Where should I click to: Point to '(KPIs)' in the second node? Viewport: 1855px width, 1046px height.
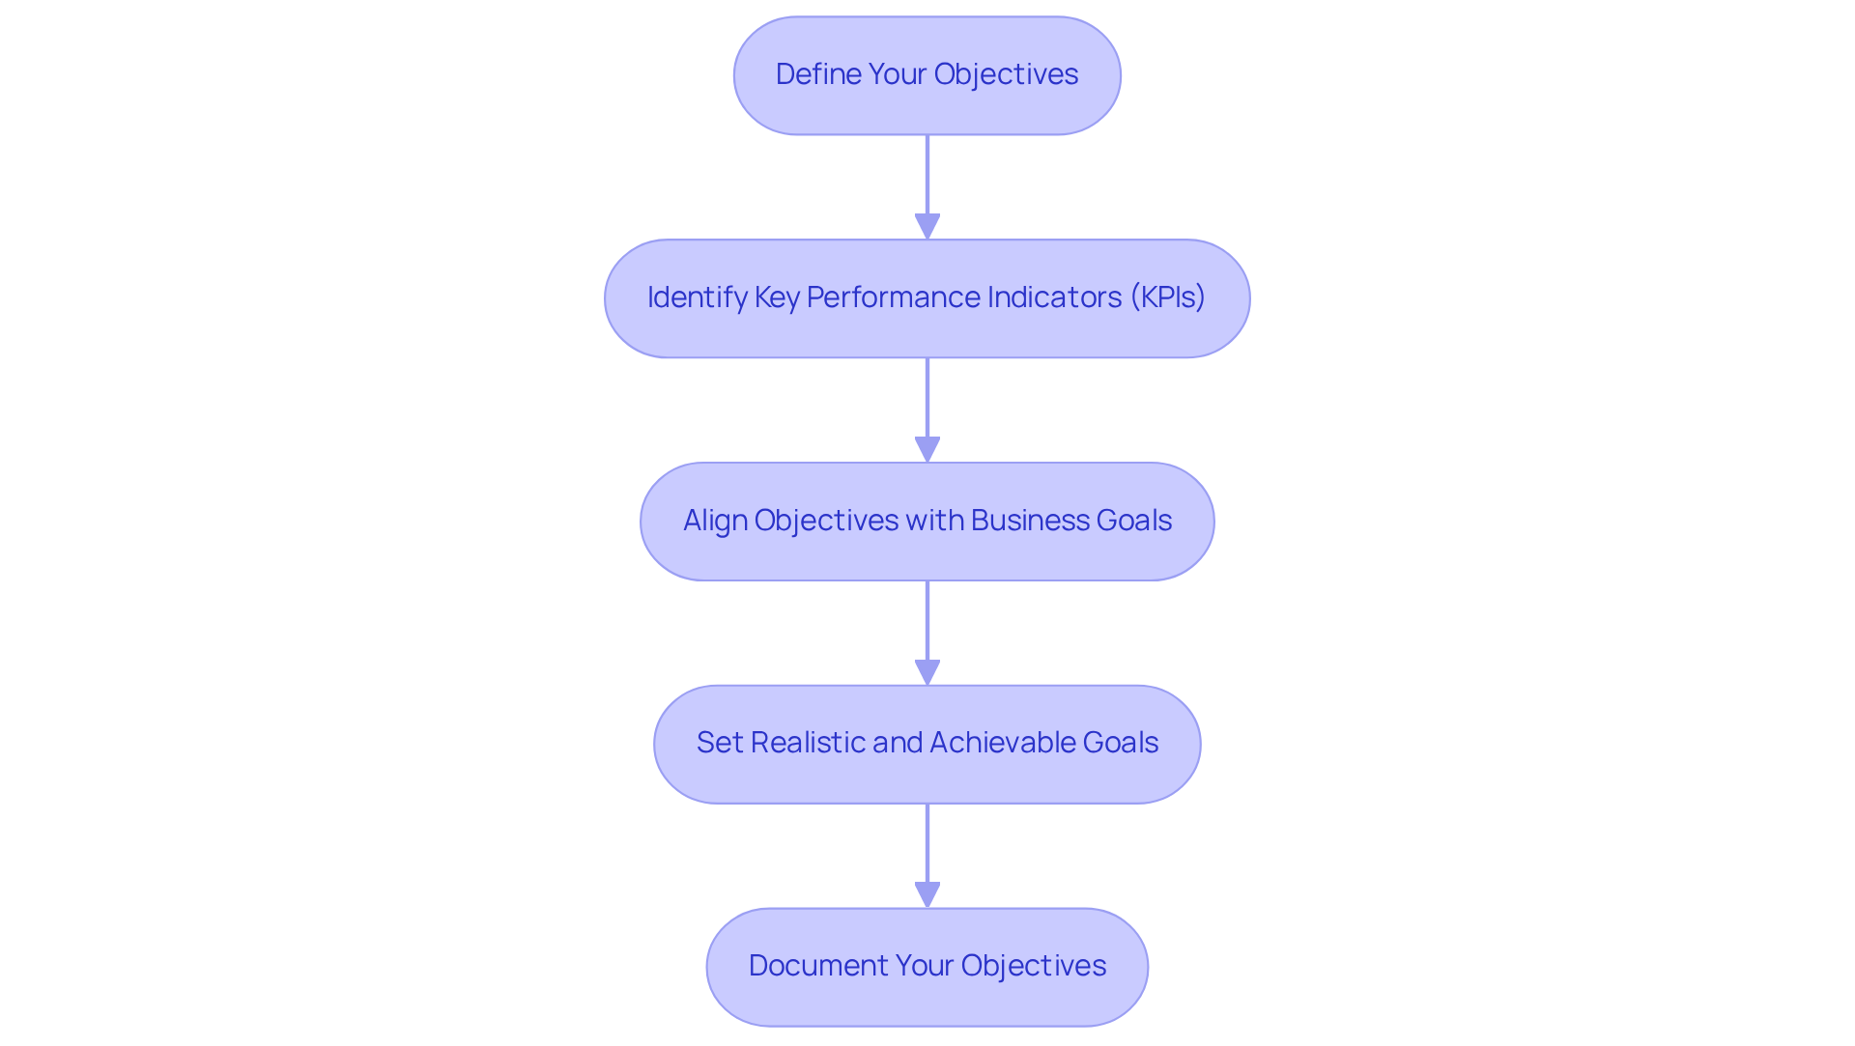click(x=1167, y=297)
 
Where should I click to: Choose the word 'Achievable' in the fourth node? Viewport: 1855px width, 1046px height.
click(x=1002, y=743)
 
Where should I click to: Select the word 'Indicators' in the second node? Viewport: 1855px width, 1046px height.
click(x=1044, y=297)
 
